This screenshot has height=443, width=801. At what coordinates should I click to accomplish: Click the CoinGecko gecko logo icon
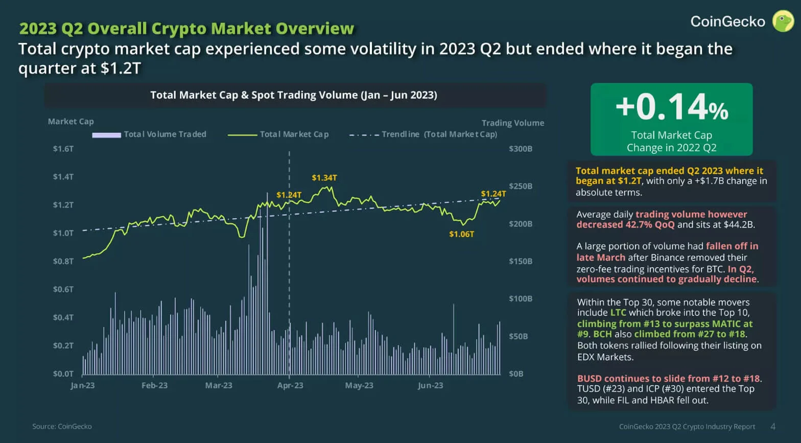[x=782, y=21]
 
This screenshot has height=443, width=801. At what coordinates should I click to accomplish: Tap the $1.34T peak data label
[x=324, y=178]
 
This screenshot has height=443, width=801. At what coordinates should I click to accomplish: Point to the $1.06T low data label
[x=461, y=234]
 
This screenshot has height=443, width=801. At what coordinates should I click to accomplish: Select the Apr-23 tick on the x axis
[x=290, y=385]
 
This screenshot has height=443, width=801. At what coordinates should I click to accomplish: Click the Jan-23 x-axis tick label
[x=83, y=385]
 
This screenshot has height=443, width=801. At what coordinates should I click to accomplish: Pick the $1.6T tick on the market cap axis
[x=63, y=149]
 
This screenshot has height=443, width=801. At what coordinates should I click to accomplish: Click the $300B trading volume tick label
[x=521, y=149]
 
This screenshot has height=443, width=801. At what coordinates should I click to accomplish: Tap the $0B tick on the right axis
[x=516, y=374]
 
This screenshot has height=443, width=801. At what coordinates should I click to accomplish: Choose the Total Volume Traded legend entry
[x=149, y=134]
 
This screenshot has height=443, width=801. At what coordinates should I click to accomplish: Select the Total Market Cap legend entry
[x=278, y=134]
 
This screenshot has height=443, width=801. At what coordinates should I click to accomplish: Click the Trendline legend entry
[x=423, y=134]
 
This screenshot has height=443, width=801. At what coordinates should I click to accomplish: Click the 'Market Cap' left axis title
[x=71, y=121]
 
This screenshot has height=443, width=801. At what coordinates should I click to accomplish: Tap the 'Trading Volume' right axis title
[x=513, y=123]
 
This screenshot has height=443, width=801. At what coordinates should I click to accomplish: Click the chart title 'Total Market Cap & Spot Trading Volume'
[x=294, y=95]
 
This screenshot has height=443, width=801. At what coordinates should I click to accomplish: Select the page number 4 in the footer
[x=773, y=426]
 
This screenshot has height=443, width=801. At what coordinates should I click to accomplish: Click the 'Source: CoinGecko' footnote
[x=62, y=426]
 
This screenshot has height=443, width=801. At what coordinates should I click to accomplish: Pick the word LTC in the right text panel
[x=618, y=313]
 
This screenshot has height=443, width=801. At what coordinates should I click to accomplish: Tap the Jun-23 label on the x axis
[x=430, y=385]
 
